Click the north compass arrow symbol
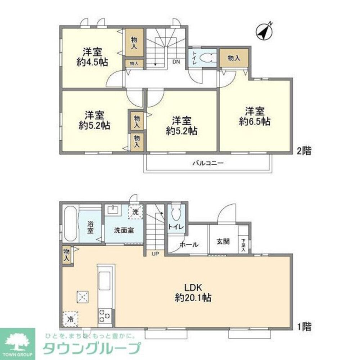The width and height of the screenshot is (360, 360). tap(265, 32)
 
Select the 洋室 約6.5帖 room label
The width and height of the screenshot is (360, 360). tap(255, 116)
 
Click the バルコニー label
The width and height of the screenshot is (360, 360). tap(208, 163)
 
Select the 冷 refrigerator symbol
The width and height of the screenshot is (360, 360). tap(71, 319)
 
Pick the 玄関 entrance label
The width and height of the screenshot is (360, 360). tap(223, 242)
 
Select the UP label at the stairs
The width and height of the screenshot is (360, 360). tap(155, 253)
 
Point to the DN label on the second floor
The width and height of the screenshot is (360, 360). tap(176, 61)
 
